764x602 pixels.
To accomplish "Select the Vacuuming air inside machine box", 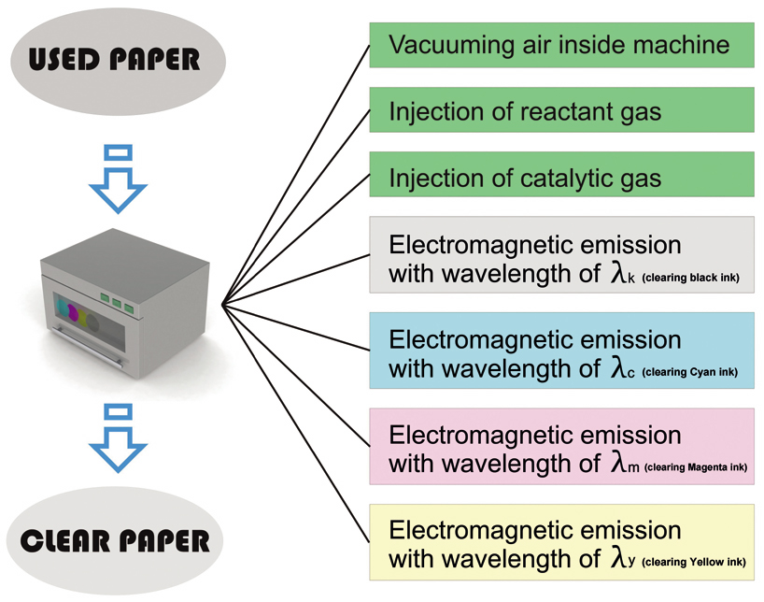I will point(561,45).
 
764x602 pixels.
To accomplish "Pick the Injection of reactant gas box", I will point(561,111).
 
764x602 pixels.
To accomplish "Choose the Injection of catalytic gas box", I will point(561,178).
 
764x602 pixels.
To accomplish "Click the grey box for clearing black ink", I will point(561,255).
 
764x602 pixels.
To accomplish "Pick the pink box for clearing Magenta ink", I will point(561,446).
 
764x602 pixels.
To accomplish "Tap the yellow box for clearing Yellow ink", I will point(561,541).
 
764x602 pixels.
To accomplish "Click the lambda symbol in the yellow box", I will point(617,558).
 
